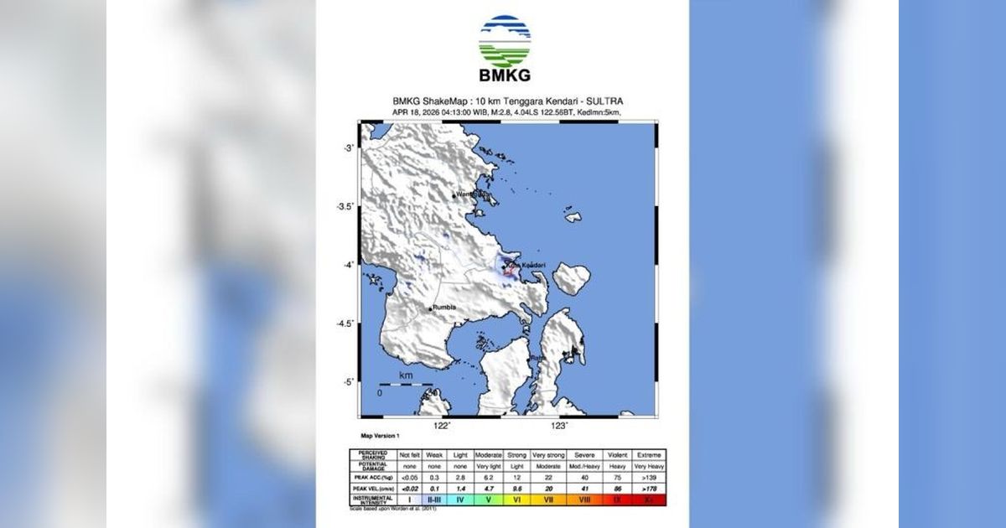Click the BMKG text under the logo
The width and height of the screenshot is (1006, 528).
tap(504, 76)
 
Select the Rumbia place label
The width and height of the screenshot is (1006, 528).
tap(444, 308)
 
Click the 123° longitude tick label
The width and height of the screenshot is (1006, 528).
tap(561, 426)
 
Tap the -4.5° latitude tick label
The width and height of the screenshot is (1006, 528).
tap(345, 323)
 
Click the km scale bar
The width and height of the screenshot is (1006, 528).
tap(406, 385)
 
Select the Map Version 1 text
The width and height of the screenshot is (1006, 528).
tap(380, 436)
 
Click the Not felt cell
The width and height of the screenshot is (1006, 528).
tap(409, 453)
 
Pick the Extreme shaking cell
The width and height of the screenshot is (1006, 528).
tap(649, 453)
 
